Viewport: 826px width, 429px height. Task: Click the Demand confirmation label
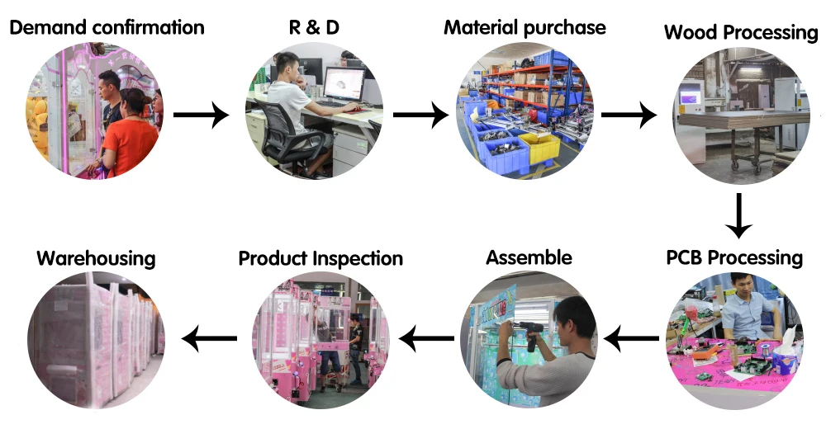pos(107,27)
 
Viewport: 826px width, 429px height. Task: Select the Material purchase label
pos(525,27)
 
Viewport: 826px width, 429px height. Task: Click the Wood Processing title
pos(740,33)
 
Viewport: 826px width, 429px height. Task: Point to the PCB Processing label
pos(734,257)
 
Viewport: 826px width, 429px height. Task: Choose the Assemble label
pos(529,257)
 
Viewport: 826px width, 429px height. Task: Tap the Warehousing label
pos(96,258)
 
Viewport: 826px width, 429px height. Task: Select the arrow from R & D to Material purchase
pos(420,115)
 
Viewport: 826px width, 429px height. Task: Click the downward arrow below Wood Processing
pos(739,215)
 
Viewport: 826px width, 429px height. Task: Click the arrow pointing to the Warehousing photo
pos(210,337)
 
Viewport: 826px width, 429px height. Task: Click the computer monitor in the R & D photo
pos(344,84)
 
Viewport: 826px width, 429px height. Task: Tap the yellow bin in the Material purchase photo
pos(539,148)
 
